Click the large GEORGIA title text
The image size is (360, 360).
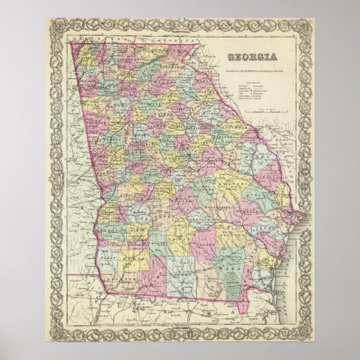pos(254,56)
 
